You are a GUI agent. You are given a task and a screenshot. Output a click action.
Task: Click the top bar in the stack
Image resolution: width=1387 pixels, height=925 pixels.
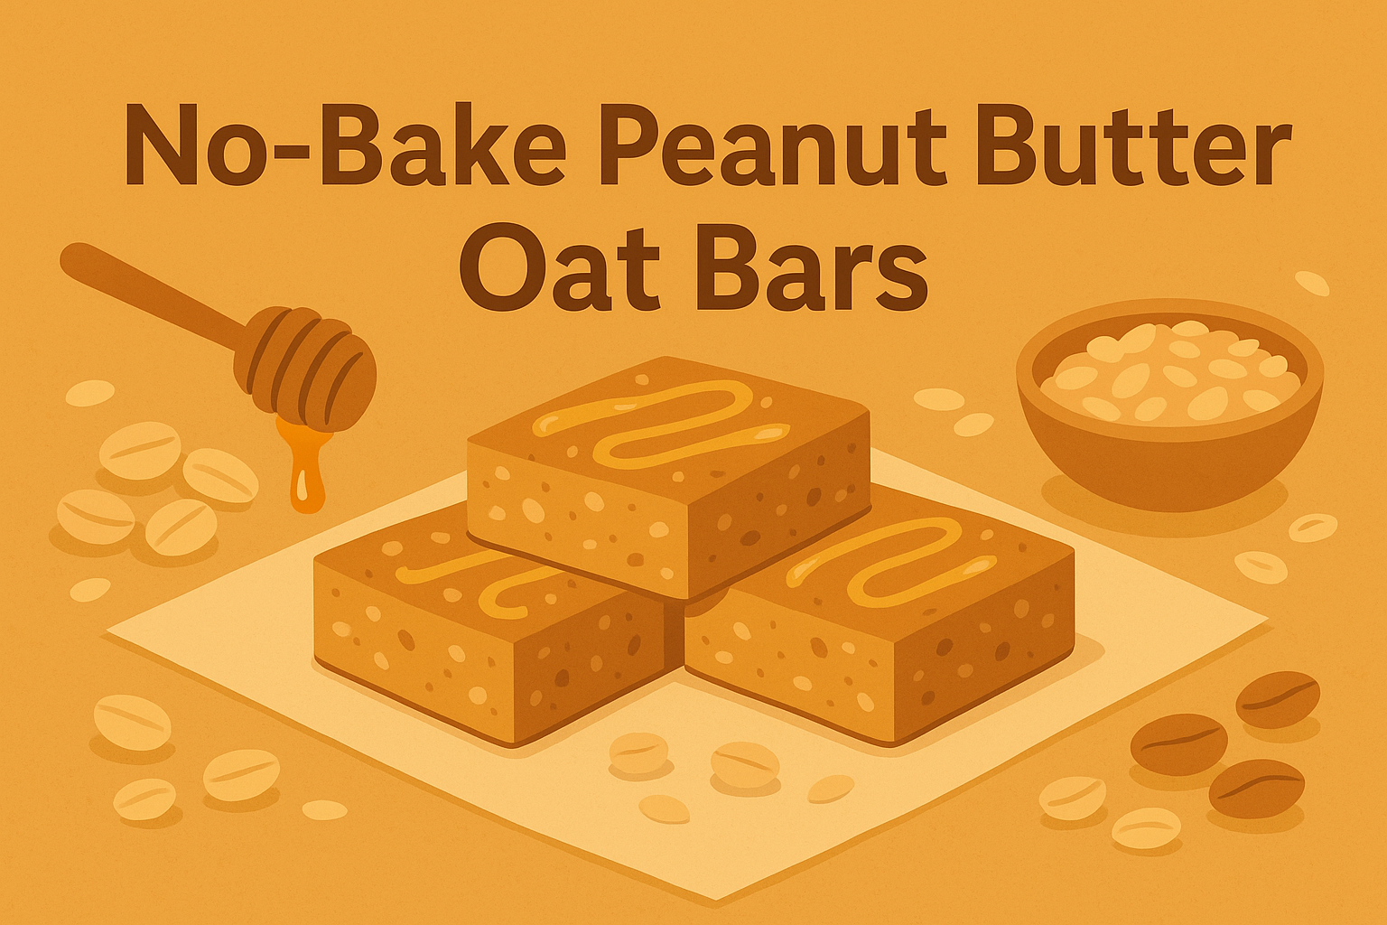click(668, 479)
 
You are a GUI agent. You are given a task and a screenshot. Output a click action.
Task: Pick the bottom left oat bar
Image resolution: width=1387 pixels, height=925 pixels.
click(488, 632)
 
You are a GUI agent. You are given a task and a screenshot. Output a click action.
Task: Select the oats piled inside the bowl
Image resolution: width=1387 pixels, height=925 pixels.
click(1169, 370)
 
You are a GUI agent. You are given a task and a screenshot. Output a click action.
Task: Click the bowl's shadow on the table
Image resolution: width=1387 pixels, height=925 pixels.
click(1165, 501)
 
